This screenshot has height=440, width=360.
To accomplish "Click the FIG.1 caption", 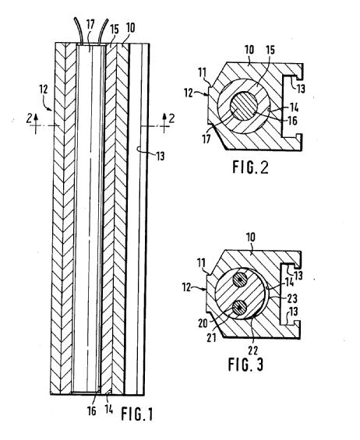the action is (x=137, y=414).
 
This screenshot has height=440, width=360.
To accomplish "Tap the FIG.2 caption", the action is (x=250, y=167).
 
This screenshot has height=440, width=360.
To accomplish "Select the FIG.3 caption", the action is (x=245, y=364).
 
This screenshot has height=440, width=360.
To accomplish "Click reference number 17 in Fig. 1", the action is (x=90, y=24).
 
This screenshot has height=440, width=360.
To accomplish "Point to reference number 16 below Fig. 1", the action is (x=92, y=411).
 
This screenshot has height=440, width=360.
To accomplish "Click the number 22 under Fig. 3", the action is (x=253, y=350).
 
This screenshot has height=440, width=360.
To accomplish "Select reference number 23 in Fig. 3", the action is (x=292, y=298).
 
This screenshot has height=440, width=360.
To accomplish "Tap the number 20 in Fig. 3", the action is (x=203, y=323).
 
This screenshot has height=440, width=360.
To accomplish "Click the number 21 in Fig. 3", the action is (x=212, y=337).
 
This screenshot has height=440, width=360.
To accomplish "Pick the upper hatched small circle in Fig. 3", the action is (x=240, y=280).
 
